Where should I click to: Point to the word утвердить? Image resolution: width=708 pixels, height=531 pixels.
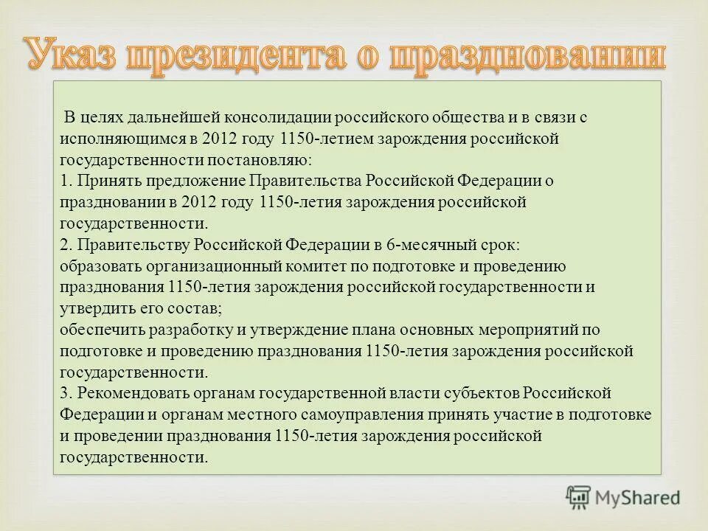(x=95, y=308)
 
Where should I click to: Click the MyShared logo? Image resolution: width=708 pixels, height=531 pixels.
(x=624, y=496)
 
